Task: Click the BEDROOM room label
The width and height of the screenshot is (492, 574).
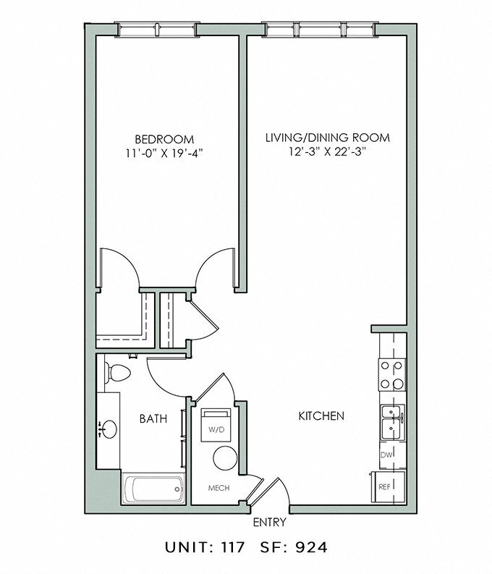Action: [x=164, y=139]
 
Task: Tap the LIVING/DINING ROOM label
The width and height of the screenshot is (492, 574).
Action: [x=327, y=138]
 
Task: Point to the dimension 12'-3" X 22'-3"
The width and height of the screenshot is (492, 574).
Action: [x=327, y=151]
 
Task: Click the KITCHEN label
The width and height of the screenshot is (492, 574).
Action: [x=321, y=416]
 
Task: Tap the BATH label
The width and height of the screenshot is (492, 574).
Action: [x=153, y=418]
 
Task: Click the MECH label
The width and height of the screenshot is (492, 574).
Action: [x=219, y=488]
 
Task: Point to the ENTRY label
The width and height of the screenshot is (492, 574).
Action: [x=268, y=522]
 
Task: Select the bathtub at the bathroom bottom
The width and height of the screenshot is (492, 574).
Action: [x=152, y=490]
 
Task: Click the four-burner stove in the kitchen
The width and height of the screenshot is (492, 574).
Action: [x=392, y=374]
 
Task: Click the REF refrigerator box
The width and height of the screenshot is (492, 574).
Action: [x=384, y=487]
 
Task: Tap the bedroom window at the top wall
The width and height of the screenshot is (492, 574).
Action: [x=158, y=30]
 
